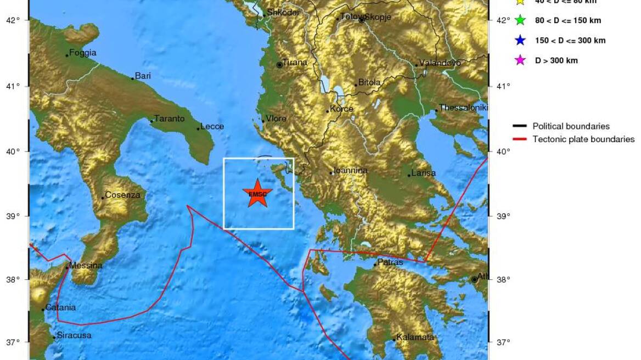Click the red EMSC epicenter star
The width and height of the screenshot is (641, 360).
tap(257, 194)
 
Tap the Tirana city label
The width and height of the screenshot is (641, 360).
tap(295, 63)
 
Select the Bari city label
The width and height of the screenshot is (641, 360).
tap(143, 76)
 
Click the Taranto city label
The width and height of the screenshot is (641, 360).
tap(169, 119)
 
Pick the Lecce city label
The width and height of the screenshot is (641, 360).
tap(212, 127)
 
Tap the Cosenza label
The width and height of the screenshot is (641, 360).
tap(122, 195)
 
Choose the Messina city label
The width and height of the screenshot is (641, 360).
tap(86, 266)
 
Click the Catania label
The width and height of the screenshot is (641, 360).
tap(60, 307)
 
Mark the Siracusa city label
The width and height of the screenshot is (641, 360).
tap(74, 335)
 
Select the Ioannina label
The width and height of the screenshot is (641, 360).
tap(351, 171)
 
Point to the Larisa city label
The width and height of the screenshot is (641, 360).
tap(423, 173)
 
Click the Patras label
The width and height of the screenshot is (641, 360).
tap(390, 262)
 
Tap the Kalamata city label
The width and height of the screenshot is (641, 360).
tap(415, 337)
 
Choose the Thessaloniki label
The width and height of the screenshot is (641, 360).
tap(463, 108)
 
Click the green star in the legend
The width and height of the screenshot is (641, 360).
tap(520, 21)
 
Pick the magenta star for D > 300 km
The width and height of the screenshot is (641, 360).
tap(520, 60)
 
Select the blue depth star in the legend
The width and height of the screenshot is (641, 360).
tap(520, 41)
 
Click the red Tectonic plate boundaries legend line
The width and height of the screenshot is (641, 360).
tap(520, 139)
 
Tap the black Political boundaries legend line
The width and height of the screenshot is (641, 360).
tap(520, 126)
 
